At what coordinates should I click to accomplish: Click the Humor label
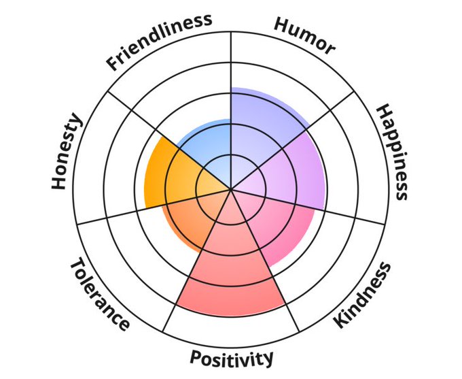pos(304,35)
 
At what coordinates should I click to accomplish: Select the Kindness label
pos(363,295)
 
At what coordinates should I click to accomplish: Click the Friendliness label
pos(158,42)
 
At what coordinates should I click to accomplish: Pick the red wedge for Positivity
pos(232,265)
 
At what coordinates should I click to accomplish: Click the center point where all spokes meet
pos(232,190)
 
